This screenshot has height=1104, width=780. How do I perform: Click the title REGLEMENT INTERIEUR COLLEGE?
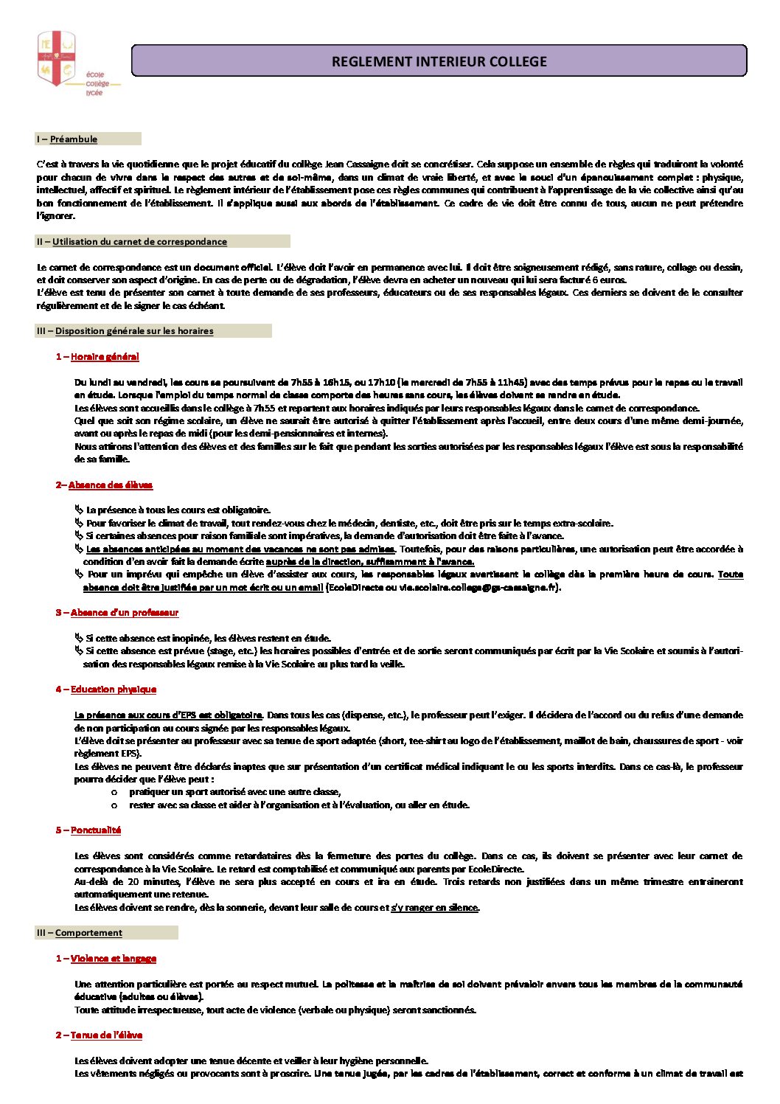point(439,61)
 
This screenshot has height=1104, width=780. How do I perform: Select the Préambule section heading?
point(73,139)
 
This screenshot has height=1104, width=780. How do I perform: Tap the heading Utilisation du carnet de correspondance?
point(139,242)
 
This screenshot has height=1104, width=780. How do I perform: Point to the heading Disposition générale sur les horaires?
point(133,331)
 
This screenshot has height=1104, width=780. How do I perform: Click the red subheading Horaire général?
point(104,357)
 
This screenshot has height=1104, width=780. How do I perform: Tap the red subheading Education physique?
point(113,690)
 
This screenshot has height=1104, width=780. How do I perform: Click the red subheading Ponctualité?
point(95,830)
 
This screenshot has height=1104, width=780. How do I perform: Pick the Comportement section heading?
point(88,933)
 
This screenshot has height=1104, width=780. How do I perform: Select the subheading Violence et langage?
point(113,959)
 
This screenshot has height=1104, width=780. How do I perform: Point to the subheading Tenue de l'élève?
point(106,1035)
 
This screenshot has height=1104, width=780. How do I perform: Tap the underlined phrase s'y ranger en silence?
point(435,908)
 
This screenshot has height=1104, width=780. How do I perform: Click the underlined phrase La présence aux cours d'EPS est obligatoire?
point(168,715)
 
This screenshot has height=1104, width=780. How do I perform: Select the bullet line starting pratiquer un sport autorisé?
point(234,792)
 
